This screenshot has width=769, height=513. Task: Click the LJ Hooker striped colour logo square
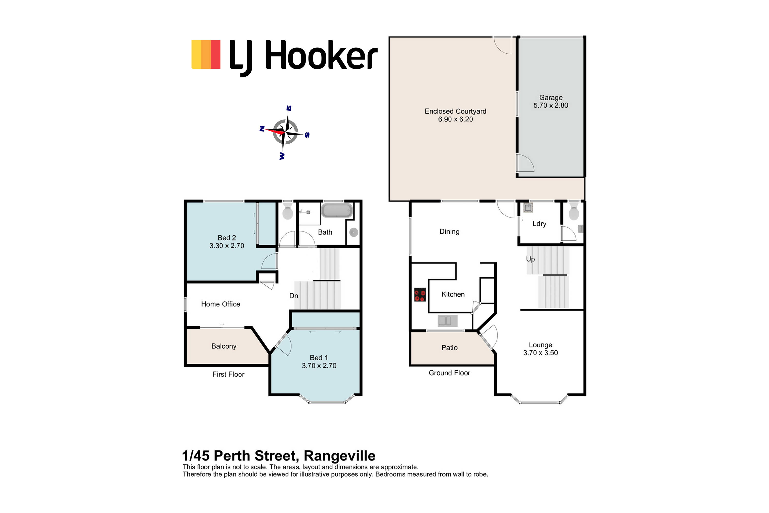point(206,54)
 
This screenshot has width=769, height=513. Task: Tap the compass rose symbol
point(285,132)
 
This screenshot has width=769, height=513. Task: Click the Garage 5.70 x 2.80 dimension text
point(551,105)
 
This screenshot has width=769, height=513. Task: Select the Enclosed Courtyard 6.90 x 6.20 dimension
point(455,119)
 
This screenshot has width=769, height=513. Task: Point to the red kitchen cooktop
point(420,295)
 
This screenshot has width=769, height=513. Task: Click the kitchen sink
point(448,321)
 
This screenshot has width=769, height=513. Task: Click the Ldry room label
point(539,224)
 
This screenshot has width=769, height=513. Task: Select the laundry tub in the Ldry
point(528,207)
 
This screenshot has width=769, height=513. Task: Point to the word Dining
point(449,232)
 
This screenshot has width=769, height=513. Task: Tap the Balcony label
point(224,346)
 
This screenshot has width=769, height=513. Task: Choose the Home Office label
point(220,304)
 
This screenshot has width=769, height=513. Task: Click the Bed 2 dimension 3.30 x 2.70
point(227,246)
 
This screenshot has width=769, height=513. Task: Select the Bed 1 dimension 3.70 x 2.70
point(319,365)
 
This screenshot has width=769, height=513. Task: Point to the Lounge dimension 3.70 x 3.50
point(540,353)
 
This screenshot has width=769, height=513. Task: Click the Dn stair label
point(294,296)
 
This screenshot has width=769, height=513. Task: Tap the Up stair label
point(530,259)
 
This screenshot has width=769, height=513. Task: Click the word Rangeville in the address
point(340,456)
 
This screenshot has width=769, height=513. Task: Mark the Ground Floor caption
point(449,373)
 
